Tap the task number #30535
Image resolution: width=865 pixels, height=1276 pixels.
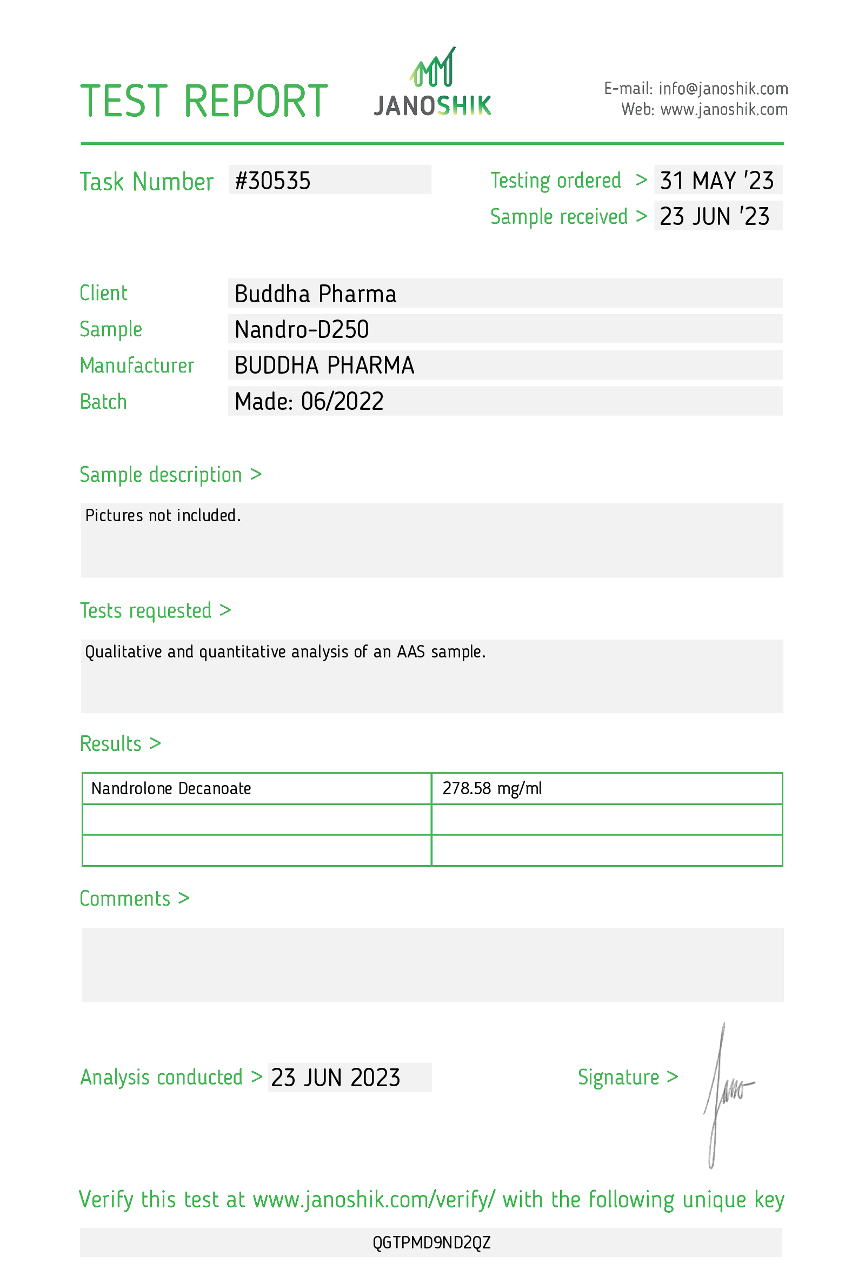coord(273,181)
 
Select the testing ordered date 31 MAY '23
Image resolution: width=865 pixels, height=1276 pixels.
coord(716,181)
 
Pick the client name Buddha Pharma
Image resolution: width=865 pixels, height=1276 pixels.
coord(315,294)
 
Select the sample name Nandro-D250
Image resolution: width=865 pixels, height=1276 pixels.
coord(301,329)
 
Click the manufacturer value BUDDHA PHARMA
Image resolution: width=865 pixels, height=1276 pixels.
coord(324,365)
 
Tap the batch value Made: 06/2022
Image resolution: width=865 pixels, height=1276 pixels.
coord(309,401)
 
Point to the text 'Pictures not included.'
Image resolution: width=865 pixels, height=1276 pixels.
coord(163,516)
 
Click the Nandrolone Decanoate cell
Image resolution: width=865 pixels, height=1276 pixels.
coord(171,788)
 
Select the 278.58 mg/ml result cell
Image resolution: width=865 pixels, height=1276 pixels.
coord(492,788)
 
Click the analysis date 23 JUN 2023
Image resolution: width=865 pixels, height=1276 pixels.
coord(335,1078)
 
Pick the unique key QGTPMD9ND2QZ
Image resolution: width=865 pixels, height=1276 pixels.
coord(431,1242)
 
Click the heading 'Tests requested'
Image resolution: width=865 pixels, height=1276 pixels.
coord(146,610)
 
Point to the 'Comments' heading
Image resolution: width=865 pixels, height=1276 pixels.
coord(125,899)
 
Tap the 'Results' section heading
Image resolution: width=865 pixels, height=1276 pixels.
coord(111,744)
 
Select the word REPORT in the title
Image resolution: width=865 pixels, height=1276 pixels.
coord(256,101)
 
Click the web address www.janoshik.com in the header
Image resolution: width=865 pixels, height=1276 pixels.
coord(724,110)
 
